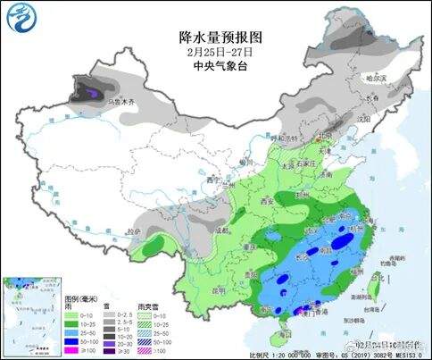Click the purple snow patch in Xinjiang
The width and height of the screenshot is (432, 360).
[90, 88]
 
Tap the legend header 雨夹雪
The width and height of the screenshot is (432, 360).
[145, 305]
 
